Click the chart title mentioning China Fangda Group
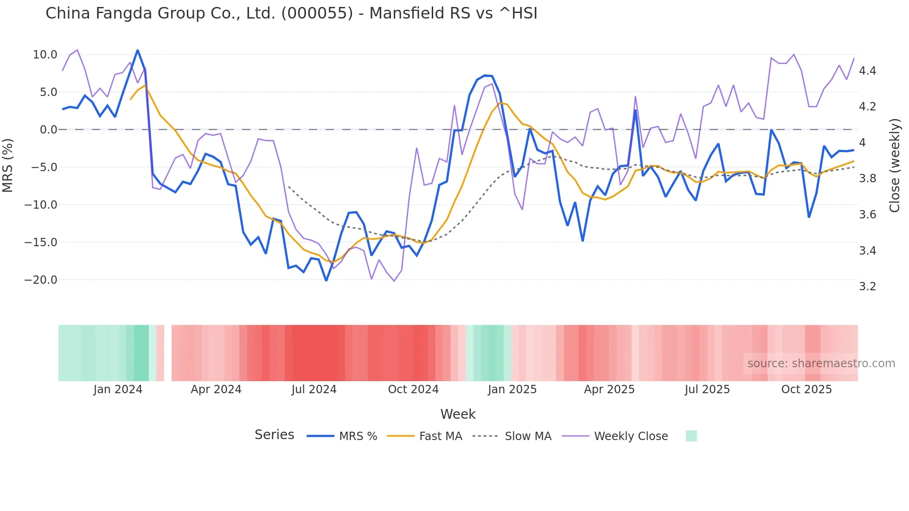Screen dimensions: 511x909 click(x=291, y=13)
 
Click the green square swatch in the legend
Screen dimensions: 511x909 click(x=691, y=436)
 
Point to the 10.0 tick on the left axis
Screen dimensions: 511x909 click(x=45, y=55)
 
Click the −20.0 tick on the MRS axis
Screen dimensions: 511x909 click(x=41, y=280)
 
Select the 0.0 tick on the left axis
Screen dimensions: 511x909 click(x=48, y=130)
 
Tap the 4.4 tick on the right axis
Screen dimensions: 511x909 click(x=867, y=71)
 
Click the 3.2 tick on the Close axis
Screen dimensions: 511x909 click(x=867, y=287)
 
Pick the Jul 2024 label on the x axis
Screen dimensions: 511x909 click(x=314, y=390)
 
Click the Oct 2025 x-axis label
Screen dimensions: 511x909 click(x=806, y=390)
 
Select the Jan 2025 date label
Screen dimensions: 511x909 click(x=512, y=390)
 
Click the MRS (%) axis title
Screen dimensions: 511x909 click(x=7, y=165)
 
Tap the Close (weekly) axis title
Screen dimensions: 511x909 click(x=895, y=165)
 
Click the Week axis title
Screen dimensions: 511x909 click(x=458, y=414)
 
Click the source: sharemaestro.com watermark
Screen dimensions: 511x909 click(x=821, y=364)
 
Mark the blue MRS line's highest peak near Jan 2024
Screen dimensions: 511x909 click(x=137, y=50)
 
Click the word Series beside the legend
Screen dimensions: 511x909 click(x=274, y=435)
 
